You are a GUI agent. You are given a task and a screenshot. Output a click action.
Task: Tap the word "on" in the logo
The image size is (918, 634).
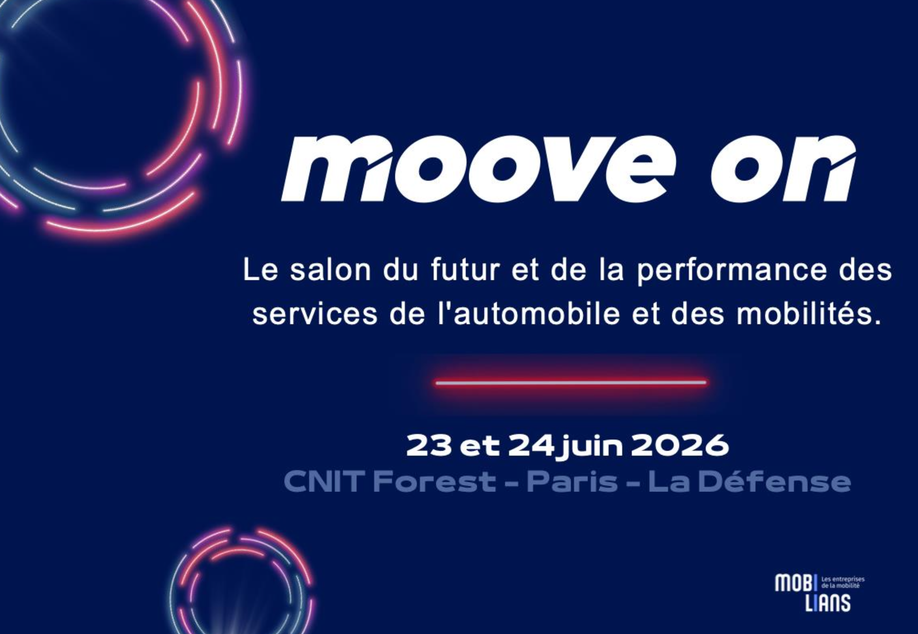click(x=783, y=169)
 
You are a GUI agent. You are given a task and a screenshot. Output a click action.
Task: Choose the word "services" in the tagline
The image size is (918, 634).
click(x=315, y=314)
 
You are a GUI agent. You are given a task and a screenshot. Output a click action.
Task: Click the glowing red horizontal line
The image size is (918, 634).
click(x=571, y=383)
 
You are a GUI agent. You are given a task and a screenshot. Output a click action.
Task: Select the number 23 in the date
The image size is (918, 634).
click(x=429, y=446)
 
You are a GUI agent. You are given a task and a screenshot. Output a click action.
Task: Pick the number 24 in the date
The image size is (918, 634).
click(x=531, y=446)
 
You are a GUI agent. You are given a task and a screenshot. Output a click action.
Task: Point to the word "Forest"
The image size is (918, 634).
click(x=434, y=482)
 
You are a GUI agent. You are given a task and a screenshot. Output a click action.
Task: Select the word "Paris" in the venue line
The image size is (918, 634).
click(x=572, y=482)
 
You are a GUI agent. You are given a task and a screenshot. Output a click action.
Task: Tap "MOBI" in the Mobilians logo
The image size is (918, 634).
click(x=794, y=583)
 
